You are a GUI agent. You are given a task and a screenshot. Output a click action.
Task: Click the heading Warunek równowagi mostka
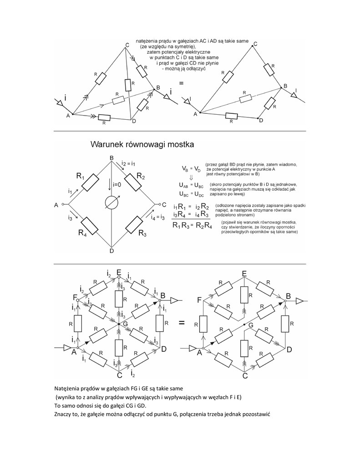point(142,145)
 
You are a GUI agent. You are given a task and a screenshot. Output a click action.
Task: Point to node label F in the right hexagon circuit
point(199,300)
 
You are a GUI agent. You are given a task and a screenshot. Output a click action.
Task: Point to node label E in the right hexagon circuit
point(244,273)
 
